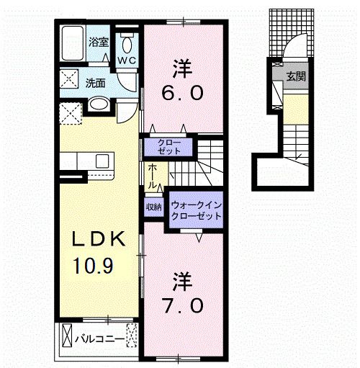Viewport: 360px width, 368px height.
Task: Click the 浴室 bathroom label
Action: pyautogui.click(x=99, y=42)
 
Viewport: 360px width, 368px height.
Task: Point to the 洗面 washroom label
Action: pyautogui.click(x=96, y=82)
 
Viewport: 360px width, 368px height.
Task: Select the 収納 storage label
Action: pyautogui.click(x=154, y=207)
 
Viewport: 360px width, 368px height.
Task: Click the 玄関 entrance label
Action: pyautogui.click(x=294, y=76)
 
